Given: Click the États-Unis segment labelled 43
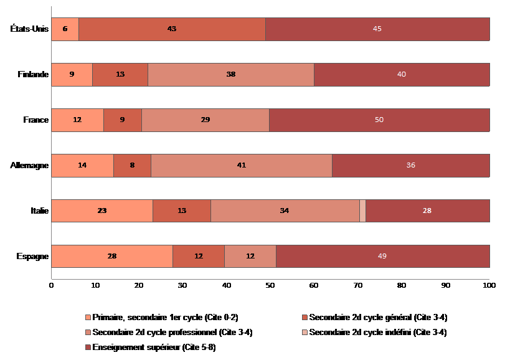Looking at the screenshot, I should pyautogui.click(x=172, y=29).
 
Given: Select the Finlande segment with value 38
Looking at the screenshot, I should pyautogui.click(x=231, y=75).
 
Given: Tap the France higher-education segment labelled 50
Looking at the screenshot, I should pyautogui.click(x=379, y=120).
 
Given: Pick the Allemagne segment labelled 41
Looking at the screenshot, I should pyautogui.click(x=242, y=166).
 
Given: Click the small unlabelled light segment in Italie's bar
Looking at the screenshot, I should pyautogui.click(x=362, y=211).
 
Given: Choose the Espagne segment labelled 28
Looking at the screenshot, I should pyautogui.click(x=111, y=256).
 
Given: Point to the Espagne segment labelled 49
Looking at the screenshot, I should pyautogui.click(x=382, y=256).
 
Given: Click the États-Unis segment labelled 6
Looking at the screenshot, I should pyautogui.click(x=65, y=29).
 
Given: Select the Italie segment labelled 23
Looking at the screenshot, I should pyautogui.click(x=102, y=211).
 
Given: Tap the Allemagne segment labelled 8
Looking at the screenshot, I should pyautogui.click(x=132, y=166).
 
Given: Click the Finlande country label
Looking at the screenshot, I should pyautogui.click(x=33, y=75).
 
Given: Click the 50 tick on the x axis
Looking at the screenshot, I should pyautogui.click(x=270, y=286).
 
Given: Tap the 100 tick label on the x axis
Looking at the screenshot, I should pyautogui.click(x=489, y=286).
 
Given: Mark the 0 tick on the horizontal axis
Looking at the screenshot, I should pyautogui.click(x=51, y=286).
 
